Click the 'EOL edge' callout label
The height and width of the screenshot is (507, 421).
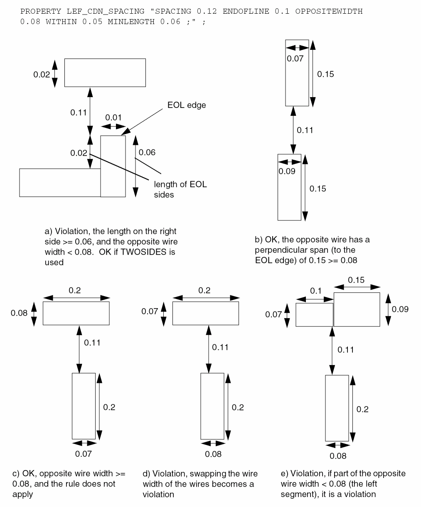point(186,105)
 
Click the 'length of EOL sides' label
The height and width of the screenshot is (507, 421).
point(180,189)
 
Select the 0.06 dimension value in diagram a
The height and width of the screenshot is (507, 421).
point(147,152)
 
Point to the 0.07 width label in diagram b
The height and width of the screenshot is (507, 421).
point(295,59)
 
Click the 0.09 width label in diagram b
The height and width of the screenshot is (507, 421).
point(287,171)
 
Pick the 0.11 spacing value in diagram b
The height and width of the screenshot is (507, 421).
point(305,130)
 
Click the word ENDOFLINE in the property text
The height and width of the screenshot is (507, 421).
point(247,11)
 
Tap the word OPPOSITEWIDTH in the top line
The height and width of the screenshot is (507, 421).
point(329,11)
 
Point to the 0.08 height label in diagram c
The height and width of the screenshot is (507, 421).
point(19,313)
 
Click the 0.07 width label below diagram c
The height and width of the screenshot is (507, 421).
point(83,454)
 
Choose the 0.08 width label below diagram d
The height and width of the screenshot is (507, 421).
point(213,454)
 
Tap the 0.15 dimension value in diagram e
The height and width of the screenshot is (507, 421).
point(356,280)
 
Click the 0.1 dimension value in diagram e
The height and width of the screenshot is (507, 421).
point(316,291)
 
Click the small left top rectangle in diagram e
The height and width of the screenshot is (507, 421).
point(314,315)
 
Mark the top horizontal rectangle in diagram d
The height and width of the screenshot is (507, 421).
point(205,313)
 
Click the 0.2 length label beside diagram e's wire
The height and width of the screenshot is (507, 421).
point(362,409)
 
